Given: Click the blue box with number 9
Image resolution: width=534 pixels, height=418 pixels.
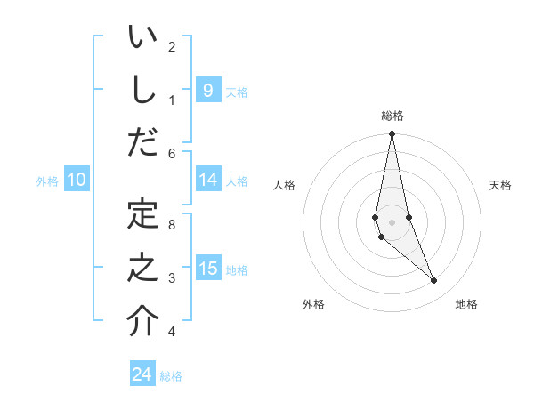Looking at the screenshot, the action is coord(207,90).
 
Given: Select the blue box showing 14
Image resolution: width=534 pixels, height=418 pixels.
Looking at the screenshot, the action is coord(207,180).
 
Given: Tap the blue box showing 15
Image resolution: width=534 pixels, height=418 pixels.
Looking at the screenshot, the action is coord(207,269).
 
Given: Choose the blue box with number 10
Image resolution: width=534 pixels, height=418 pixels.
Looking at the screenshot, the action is coord(77,180).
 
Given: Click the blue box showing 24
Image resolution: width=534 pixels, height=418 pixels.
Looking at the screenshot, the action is coord(142,374).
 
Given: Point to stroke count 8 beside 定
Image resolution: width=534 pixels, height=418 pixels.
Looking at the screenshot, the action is coord(172,224).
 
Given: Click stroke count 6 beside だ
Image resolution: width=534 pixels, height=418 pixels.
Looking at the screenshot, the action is coord(172,154).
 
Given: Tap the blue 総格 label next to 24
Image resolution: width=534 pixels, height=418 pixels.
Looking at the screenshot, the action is coord(171,376).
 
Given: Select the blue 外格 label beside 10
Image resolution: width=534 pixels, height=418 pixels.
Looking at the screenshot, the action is coord(47,181).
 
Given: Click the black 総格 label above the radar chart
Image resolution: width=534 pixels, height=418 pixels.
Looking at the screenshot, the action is coord(392,116).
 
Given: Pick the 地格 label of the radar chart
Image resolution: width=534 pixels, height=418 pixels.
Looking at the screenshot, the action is coord(466,304).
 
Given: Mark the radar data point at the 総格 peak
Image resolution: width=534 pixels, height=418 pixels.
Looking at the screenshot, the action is coord(392,134).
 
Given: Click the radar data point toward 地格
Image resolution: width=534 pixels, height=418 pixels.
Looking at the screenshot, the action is coord(433,280).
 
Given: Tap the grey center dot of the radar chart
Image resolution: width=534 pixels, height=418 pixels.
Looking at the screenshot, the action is coord(392,221).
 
